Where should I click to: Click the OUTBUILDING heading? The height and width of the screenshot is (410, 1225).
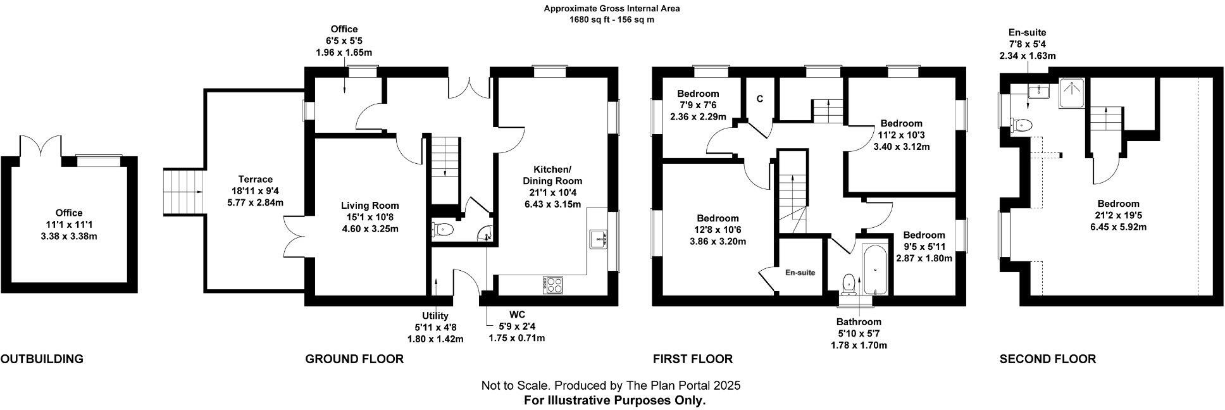tap(42, 359)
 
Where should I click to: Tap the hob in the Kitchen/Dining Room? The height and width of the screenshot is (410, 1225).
tap(552, 285)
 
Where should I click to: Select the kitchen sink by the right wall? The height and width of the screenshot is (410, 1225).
tap(598, 239)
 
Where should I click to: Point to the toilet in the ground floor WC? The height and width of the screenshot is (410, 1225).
tap(442, 230)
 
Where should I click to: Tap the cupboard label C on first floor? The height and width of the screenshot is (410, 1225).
tap(759, 99)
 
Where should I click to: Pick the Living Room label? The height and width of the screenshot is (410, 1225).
tap(370, 206)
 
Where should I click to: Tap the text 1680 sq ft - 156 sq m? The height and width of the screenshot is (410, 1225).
tap(611, 20)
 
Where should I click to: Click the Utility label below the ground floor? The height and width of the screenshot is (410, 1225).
tap(435, 316)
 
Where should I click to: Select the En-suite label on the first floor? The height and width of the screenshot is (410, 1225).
tap(800, 273)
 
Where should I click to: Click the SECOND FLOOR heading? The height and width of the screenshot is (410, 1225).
tap(1047, 359)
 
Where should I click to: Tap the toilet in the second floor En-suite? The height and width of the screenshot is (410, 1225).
tap(1021, 125)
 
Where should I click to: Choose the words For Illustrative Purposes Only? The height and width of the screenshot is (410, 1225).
tap(614, 401)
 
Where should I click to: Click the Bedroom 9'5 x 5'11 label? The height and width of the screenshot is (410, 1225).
tap(924, 235)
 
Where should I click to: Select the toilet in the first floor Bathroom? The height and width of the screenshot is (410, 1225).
tap(849, 283)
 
